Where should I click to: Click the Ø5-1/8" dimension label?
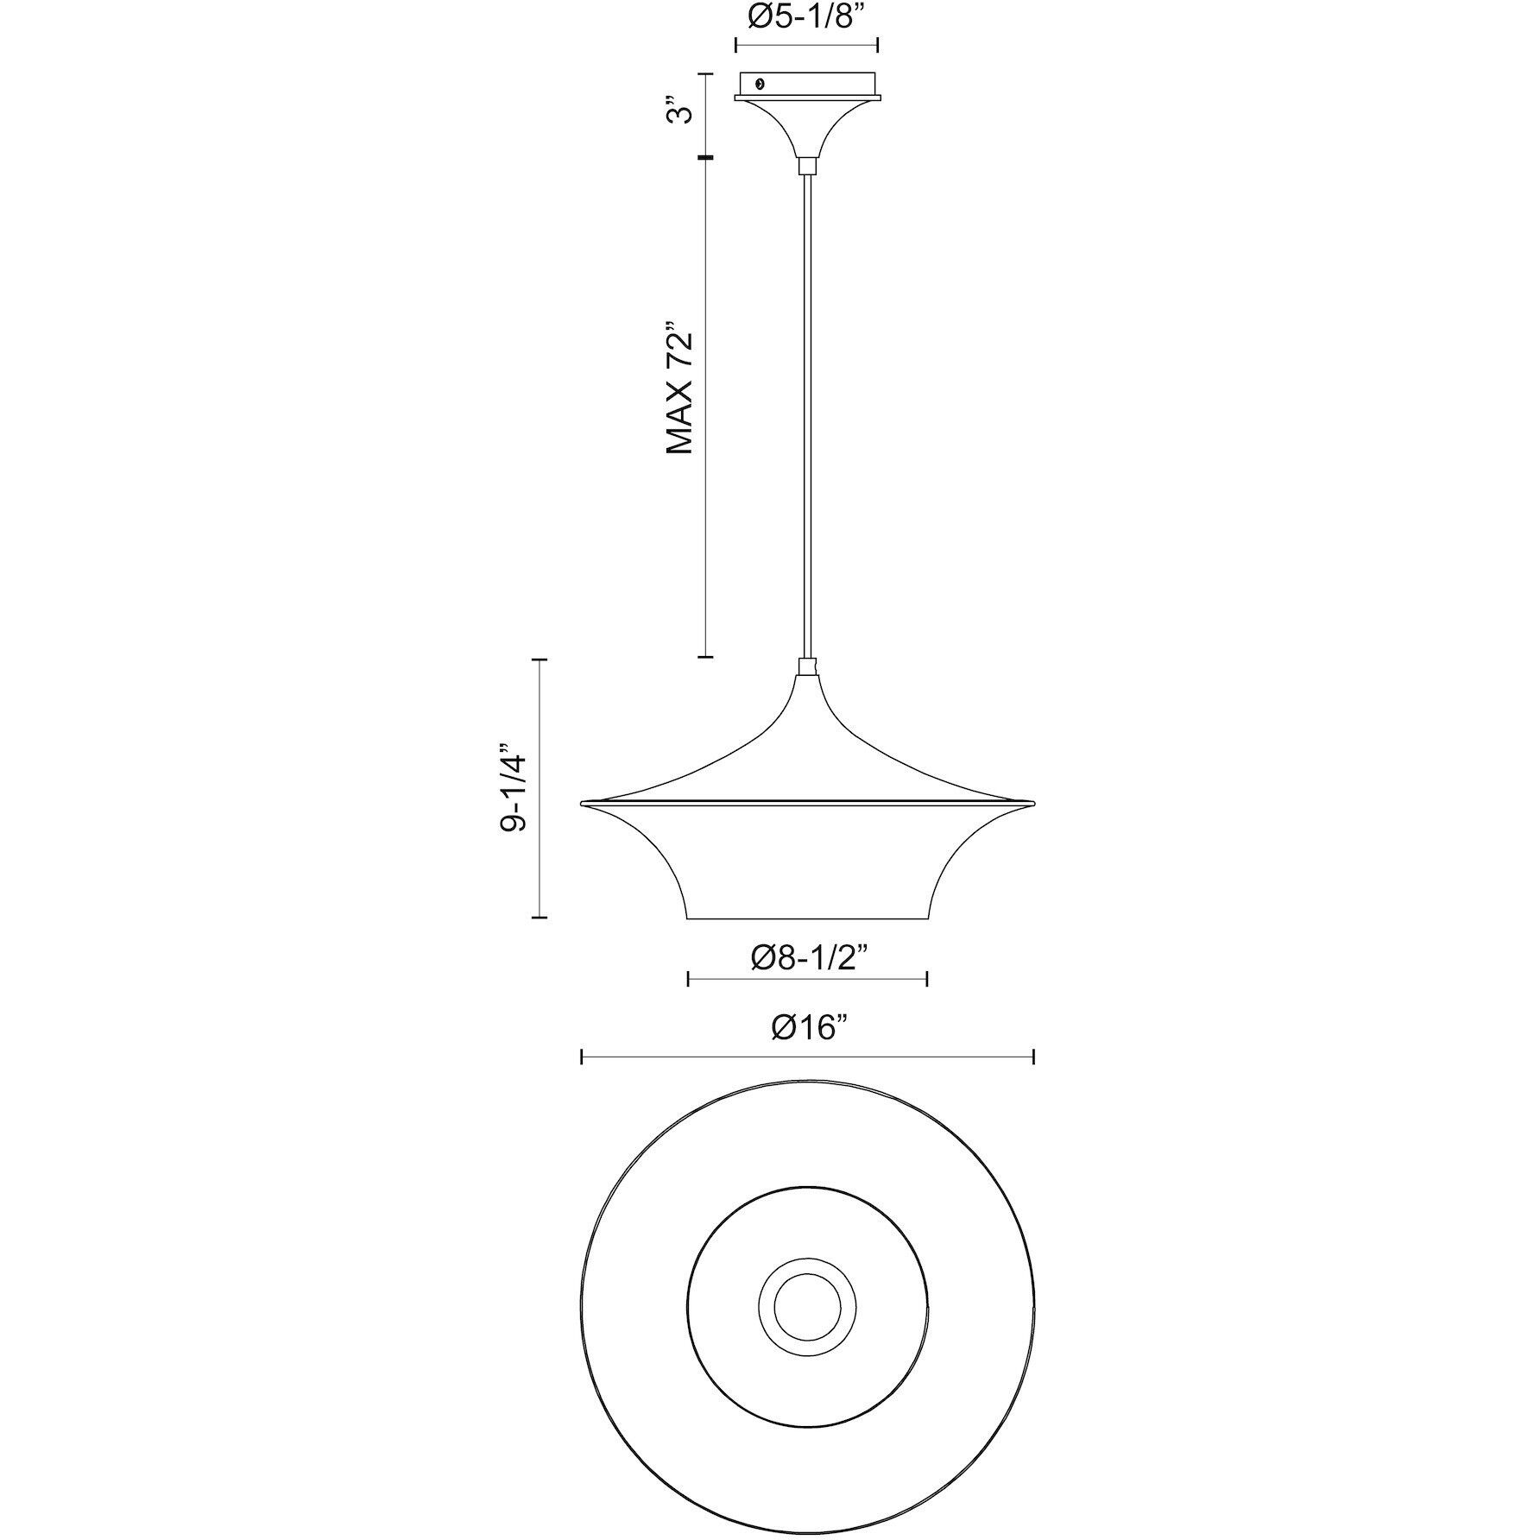click(806, 18)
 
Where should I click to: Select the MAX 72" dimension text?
click(682, 389)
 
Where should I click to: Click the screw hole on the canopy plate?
click(760, 84)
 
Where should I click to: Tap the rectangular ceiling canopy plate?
click(806, 85)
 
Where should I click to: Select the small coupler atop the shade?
click(807, 666)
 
